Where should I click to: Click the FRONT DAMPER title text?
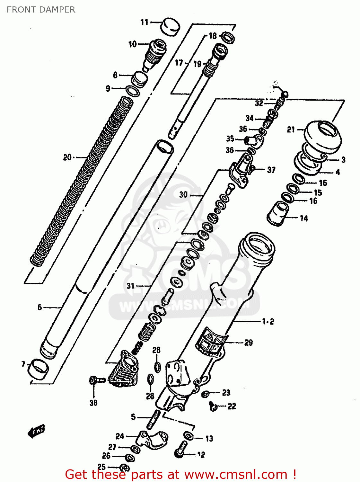(41, 10)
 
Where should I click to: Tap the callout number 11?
(145, 22)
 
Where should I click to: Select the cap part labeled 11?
(170, 27)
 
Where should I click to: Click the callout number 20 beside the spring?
(67, 157)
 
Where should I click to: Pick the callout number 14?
(304, 219)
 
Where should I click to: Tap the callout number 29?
(249, 343)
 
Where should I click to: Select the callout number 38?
(93, 403)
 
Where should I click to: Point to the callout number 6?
(40, 307)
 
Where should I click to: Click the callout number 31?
(130, 286)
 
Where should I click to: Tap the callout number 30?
(183, 194)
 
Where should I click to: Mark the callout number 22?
(232, 406)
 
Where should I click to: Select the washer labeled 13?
(189, 436)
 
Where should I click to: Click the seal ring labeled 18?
(228, 38)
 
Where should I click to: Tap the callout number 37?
(271, 170)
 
